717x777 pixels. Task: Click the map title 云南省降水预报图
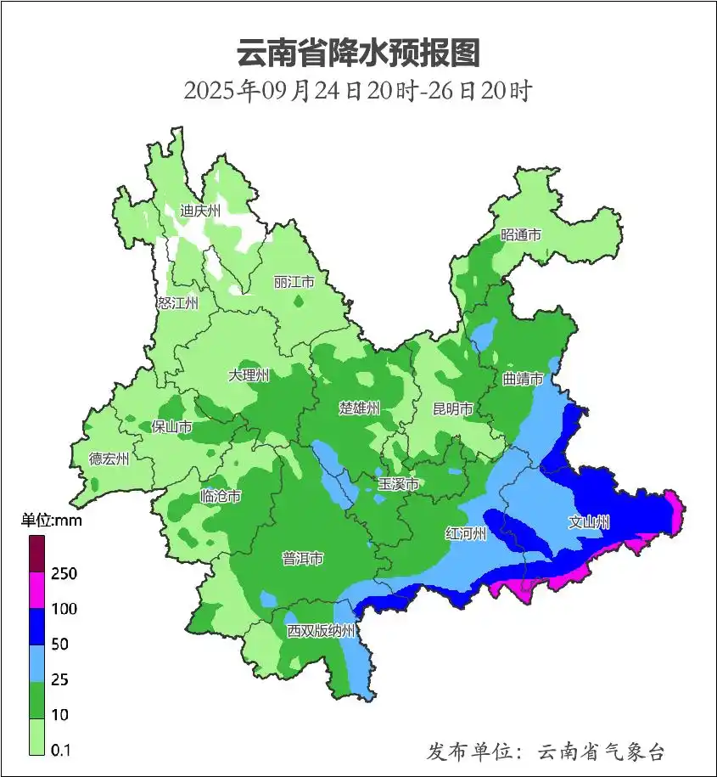358,53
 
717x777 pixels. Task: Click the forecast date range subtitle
358,90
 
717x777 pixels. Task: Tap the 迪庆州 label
200,211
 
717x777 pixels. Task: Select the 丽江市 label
294,281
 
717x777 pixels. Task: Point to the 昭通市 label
520,235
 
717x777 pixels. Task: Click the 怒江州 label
177,302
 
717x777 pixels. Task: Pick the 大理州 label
249,375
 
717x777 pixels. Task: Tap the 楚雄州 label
359,408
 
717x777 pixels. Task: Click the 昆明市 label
453,409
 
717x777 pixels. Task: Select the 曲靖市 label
523,379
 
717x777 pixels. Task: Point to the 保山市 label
171,427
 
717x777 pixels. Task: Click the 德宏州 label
109,459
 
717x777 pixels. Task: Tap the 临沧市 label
221,497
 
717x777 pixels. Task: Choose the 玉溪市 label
398,484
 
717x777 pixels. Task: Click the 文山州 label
589,522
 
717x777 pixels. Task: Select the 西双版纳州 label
321,632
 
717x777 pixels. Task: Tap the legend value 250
64,574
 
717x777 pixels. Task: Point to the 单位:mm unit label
51,521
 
